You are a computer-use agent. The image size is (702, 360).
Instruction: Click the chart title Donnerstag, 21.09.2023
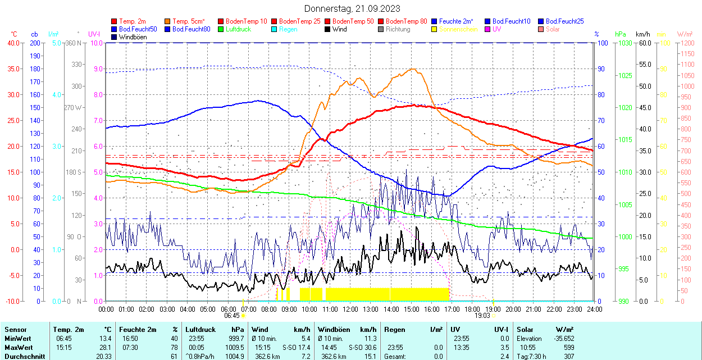pyautogui.click(x=353, y=8)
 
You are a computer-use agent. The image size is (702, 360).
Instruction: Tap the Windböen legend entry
pyautogui.click(x=130, y=37)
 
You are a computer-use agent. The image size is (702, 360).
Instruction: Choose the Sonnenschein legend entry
pyautogui.click(x=458, y=29)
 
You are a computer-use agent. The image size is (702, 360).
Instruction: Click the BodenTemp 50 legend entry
pyautogui.click(x=354, y=21)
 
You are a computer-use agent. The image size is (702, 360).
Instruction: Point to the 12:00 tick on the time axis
pyautogui.click(x=350, y=309)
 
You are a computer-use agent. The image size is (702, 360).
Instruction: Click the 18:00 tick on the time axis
pyautogui.click(x=472, y=309)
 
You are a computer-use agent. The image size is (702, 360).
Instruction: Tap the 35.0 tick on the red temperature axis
pyautogui.click(x=12, y=69)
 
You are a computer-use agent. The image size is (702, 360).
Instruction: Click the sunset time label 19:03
pyautogui.click(x=482, y=316)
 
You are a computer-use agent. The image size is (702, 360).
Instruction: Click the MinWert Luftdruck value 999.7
pyautogui.click(x=235, y=339)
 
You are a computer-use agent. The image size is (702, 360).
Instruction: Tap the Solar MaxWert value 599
pyautogui.click(x=568, y=347)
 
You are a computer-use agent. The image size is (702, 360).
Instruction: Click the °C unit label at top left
pyautogui.click(x=13, y=34)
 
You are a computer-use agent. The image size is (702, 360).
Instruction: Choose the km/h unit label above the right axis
pyautogui.click(x=642, y=34)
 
